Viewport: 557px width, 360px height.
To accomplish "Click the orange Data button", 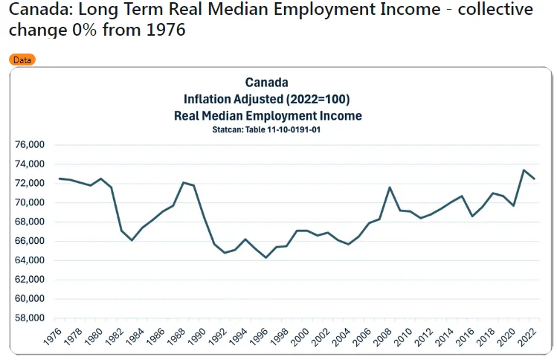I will click(x=22, y=60).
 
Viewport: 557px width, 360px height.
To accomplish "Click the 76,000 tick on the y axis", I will click(x=30, y=144).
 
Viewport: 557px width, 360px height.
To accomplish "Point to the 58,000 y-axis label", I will click(x=30, y=318).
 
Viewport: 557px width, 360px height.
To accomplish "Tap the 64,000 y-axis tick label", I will click(x=30, y=260).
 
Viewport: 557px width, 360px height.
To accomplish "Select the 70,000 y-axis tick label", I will click(x=30, y=202).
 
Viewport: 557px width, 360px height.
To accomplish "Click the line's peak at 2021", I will click(x=524, y=170).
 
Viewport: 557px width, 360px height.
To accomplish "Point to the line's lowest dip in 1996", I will click(x=266, y=258).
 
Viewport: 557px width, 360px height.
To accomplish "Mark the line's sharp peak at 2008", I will click(x=390, y=187).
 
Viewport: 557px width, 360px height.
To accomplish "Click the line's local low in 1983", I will click(x=132, y=240).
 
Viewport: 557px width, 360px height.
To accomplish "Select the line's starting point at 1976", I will click(x=59, y=179).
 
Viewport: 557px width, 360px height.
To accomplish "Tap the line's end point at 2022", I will click(x=534, y=179).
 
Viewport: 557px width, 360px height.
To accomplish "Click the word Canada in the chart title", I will click(x=266, y=83).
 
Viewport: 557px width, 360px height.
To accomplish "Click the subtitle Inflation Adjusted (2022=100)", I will click(x=266, y=99).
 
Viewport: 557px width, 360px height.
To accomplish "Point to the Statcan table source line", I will click(x=266, y=129).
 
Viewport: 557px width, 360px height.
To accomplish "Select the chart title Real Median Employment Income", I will click(x=266, y=115).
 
